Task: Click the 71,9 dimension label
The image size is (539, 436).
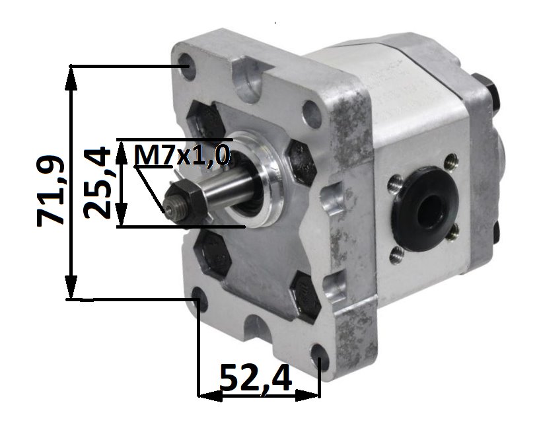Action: pos(50,190)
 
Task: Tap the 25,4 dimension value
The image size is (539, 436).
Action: pos(97,182)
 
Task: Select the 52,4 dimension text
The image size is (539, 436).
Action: pos(256,379)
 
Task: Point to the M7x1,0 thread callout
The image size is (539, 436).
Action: pos(182,155)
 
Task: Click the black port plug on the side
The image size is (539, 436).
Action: pos(426,208)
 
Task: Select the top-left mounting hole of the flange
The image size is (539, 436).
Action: pos(188,66)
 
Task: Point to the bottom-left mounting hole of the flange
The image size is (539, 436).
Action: pos(199,300)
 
